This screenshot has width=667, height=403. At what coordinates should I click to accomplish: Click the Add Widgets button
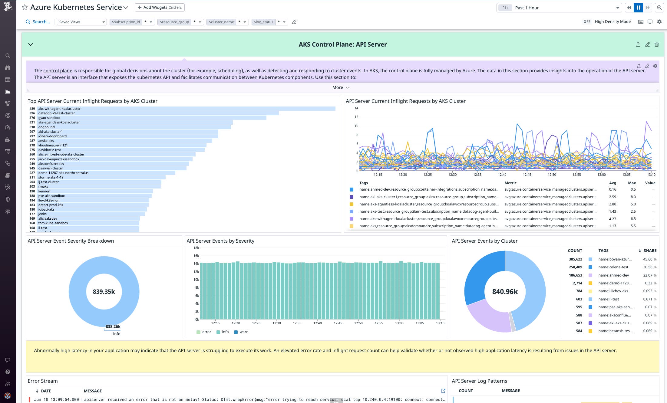(x=160, y=8)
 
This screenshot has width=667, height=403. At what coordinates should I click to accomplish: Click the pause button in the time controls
(x=638, y=8)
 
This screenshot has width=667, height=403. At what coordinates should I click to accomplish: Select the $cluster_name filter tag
(x=221, y=22)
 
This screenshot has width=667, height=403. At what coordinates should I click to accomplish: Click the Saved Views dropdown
(x=82, y=22)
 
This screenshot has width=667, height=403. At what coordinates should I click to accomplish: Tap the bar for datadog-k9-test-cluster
(x=157, y=113)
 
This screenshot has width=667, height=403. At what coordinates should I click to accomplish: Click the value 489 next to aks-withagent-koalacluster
(x=32, y=109)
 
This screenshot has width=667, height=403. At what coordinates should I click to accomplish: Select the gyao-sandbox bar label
(x=49, y=118)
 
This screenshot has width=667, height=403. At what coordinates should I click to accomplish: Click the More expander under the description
(x=341, y=87)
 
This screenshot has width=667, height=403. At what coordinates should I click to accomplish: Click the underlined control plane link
(x=58, y=71)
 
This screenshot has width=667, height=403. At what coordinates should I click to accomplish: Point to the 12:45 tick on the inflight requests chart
(x=527, y=175)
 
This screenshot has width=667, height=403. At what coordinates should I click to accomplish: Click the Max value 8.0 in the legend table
(x=633, y=197)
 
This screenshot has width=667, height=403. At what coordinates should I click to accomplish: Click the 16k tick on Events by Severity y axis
(x=196, y=256)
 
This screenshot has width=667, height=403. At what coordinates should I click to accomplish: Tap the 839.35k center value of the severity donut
(x=104, y=292)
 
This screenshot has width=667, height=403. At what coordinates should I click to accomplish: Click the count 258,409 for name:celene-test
(x=575, y=267)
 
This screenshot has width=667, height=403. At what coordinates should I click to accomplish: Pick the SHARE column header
(x=650, y=251)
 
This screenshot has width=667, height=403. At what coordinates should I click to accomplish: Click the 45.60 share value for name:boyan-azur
(x=648, y=259)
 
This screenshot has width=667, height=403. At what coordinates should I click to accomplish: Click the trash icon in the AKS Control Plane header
(x=656, y=44)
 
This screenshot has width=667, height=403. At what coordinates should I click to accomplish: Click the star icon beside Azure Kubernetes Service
(x=25, y=7)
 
